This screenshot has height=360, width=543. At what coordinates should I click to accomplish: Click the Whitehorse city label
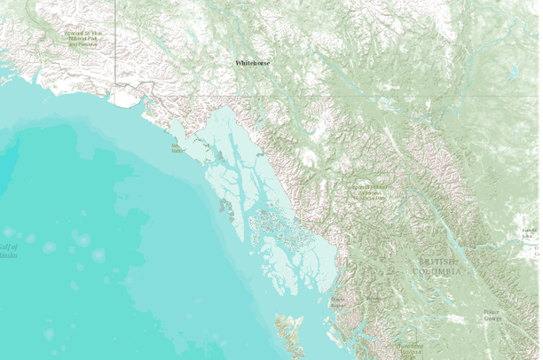(x=253, y=64)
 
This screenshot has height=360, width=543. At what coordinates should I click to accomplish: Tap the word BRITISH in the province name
(x=439, y=262)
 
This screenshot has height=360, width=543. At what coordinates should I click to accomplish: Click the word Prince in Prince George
(x=492, y=312)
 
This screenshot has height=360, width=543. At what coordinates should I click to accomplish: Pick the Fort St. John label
(x=530, y=233)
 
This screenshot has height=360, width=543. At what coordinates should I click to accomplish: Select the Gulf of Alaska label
(x=9, y=250)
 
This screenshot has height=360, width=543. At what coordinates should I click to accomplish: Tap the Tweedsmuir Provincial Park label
(x=410, y=348)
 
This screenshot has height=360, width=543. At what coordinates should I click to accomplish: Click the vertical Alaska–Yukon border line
(x=116, y=44)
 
